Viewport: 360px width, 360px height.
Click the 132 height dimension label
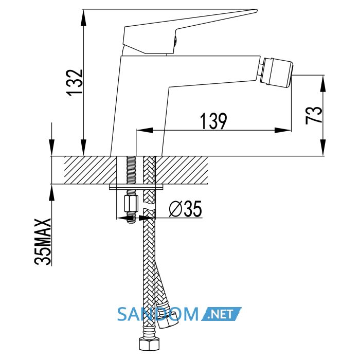point(75,82)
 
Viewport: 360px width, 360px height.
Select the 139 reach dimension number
point(213,121)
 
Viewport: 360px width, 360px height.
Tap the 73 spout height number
point(314,115)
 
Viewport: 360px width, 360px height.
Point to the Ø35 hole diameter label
point(185,209)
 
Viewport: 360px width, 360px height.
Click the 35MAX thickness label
point(43,242)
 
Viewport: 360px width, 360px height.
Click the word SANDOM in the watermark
point(158,314)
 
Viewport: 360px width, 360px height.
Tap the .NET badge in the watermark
point(221,314)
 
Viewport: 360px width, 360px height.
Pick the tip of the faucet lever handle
point(257,10)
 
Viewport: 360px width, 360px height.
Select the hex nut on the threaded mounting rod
point(131,204)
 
